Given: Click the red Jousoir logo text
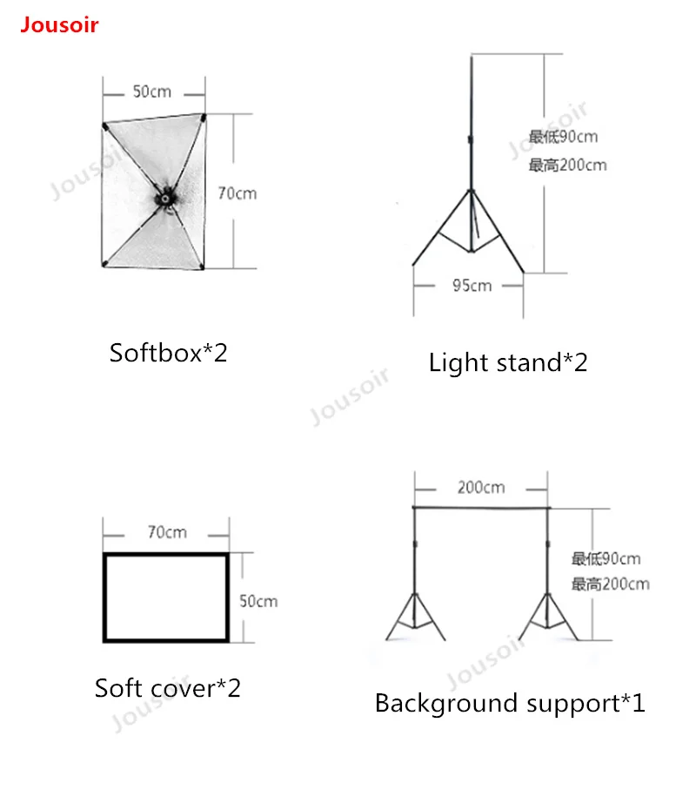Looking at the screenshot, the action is pyautogui.click(x=59, y=24).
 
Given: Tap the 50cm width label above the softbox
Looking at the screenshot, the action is pyautogui.click(x=151, y=91).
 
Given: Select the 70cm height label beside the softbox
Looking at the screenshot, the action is pyautogui.click(x=237, y=193).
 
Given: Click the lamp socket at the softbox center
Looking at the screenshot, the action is pyautogui.click(x=163, y=199).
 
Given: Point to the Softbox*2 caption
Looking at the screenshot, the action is pyautogui.click(x=168, y=353).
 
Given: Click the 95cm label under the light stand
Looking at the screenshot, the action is pyautogui.click(x=471, y=286).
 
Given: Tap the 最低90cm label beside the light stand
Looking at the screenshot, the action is pyautogui.click(x=563, y=137).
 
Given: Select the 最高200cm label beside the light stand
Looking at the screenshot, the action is pyautogui.click(x=567, y=165).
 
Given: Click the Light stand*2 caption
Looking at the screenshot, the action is pyautogui.click(x=508, y=361).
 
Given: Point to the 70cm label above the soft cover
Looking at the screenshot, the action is pyautogui.click(x=166, y=532).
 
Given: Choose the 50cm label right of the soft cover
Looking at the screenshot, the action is pyautogui.click(x=258, y=601).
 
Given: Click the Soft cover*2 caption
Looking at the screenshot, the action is pyautogui.click(x=167, y=688).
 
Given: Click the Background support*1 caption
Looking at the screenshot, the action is pyautogui.click(x=510, y=703).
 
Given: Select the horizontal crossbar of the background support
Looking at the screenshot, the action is pyautogui.click(x=481, y=507).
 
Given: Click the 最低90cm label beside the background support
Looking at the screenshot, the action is pyautogui.click(x=606, y=558).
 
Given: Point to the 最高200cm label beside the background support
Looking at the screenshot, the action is pyautogui.click(x=610, y=584).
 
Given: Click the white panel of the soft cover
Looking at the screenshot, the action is pyautogui.click(x=166, y=597).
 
